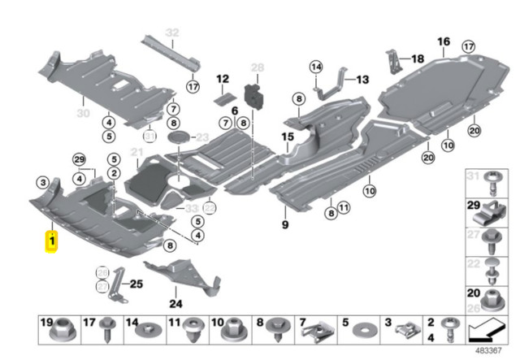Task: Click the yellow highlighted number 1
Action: (x=51, y=242)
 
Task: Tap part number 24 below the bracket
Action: (x=175, y=305)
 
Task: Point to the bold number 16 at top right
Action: (x=443, y=41)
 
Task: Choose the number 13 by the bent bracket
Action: (x=362, y=79)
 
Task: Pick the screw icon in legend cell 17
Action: (x=107, y=332)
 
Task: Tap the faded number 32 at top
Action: (x=171, y=33)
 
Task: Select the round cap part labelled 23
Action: (x=180, y=139)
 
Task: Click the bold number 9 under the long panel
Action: (x=285, y=223)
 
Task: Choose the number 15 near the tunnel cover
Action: (x=287, y=137)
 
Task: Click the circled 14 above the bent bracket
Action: (x=315, y=66)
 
